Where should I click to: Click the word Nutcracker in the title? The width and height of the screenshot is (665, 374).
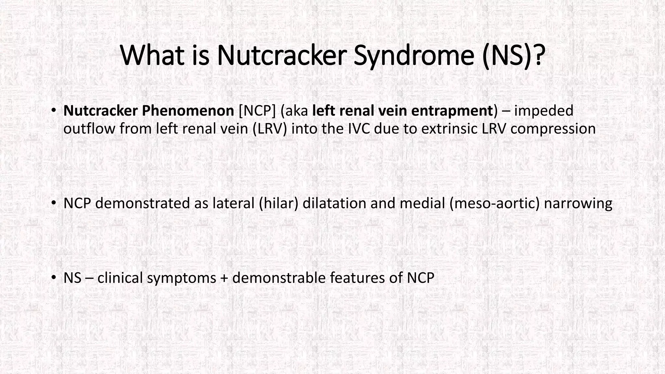[x=280, y=55]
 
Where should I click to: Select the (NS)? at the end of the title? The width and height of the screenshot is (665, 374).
[x=513, y=55]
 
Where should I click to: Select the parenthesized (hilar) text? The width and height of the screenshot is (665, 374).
[x=279, y=204]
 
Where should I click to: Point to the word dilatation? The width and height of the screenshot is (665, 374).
[x=334, y=204]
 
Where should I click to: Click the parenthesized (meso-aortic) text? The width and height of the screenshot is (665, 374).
[x=495, y=204]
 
